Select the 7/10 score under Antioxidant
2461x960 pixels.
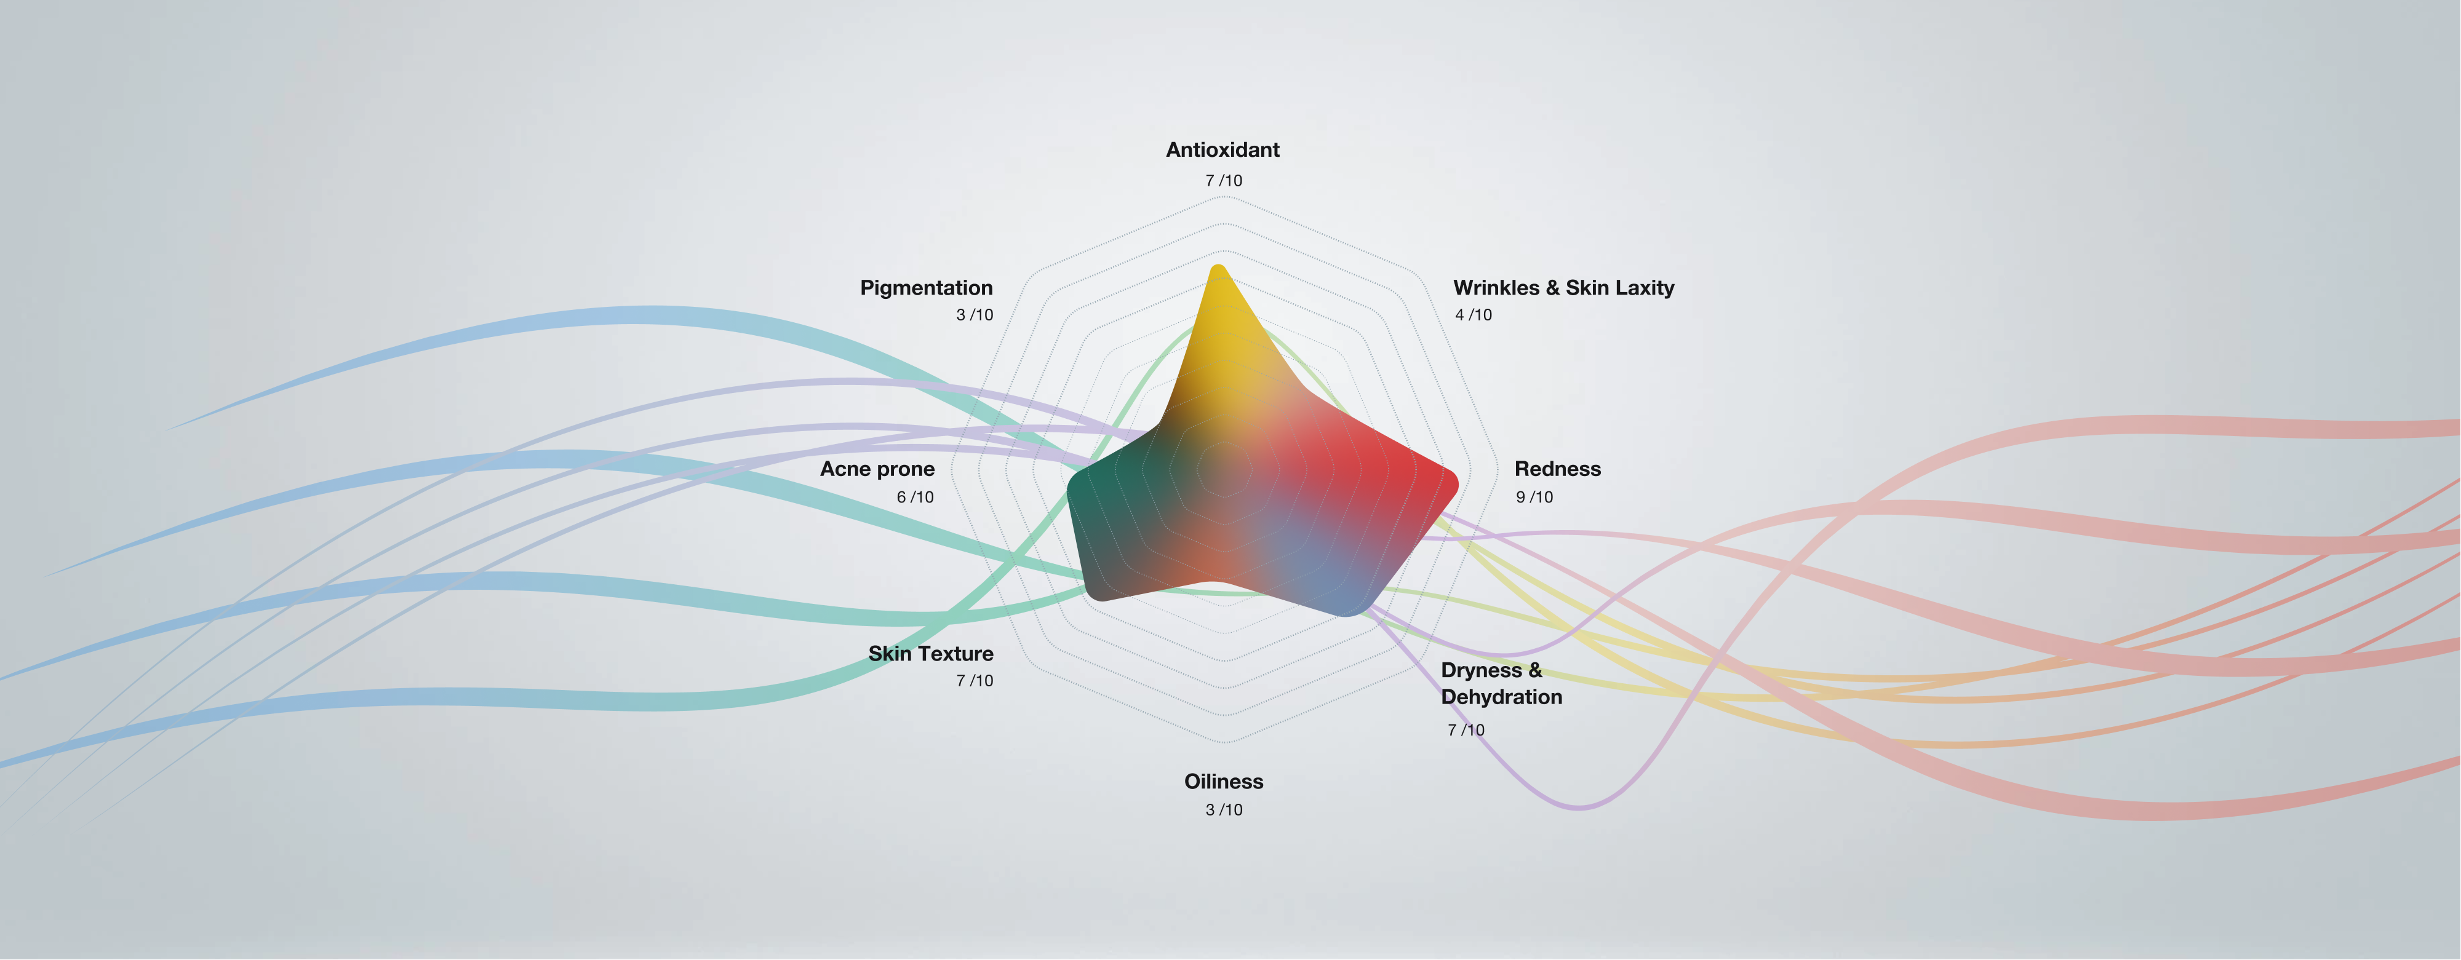click(x=1223, y=181)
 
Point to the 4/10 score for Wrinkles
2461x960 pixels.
click(x=1472, y=315)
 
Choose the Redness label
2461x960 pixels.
click(x=1557, y=469)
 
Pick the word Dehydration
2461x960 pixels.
click(x=1501, y=697)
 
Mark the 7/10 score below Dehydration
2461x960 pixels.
click(x=1466, y=731)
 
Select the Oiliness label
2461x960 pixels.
click(x=1223, y=782)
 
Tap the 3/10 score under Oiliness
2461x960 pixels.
click(x=1223, y=810)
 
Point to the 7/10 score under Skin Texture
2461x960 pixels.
click(x=975, y=681)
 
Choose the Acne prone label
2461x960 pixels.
click(x=877, y=469)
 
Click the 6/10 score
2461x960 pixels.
click(x=914, y=498)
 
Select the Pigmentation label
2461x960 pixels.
click(x=926, y=288)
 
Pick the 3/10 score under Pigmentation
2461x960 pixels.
click(x=975, y=315)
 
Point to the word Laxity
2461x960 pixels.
click(x=1644, y=288)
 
